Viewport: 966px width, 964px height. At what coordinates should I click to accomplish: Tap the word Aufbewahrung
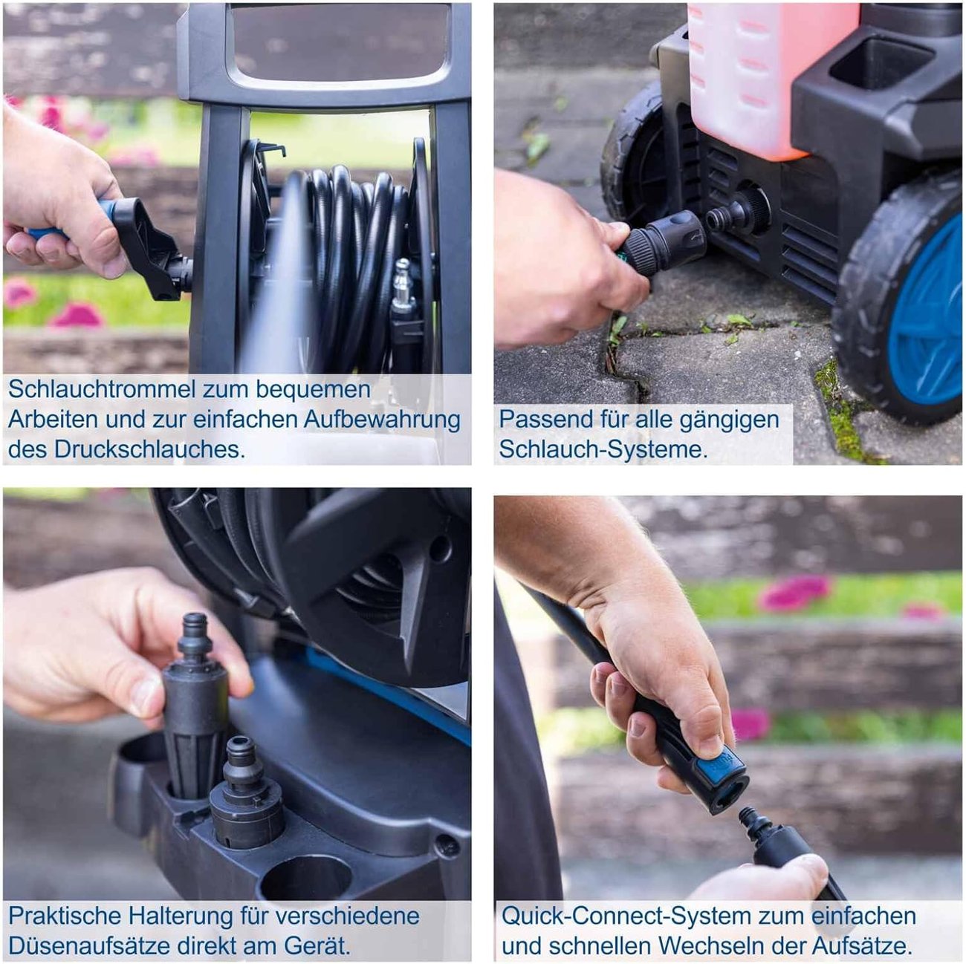click(x=382, y=420)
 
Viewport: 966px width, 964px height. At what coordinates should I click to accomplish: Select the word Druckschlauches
click(x=149, y=449)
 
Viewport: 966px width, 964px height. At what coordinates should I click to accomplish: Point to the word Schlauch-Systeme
click(x=603, y=449)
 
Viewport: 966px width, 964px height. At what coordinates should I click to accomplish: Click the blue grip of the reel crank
click(x=70, y=221)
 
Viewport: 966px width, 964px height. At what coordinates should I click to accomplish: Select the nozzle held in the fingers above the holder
click(x=195, y=704)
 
